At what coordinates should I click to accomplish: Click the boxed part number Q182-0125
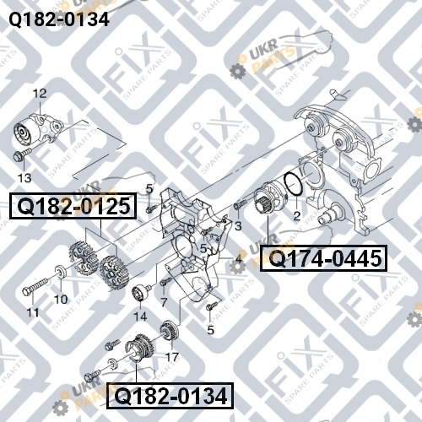(x=73, y=206)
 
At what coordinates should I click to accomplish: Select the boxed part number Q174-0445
(x=323, y=258)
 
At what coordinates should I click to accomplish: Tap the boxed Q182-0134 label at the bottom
(x=170, y=396)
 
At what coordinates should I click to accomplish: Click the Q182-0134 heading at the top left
(x=59, y=19)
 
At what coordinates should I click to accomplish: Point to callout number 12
(x=40, y=94)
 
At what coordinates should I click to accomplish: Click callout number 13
(x=24, y=178)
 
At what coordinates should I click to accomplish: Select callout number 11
(x=33, y=312)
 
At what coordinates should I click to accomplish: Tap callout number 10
(x=61, y=300)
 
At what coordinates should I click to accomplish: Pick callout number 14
(x=140, y=316)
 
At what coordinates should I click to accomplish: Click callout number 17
(x=172, y=357)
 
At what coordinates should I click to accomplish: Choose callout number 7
(x=164, y=302)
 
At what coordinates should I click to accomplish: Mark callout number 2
(x=297, y=216)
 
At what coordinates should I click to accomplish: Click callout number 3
(x=238, y=225)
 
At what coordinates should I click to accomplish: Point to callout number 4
(x=239, y=259)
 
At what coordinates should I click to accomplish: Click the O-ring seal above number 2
(x=294, y=184)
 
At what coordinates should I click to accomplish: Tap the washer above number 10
(x=61, y=272)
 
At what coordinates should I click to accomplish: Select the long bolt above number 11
(x=36, y=286)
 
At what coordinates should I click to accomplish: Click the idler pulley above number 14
(x=139, y=293)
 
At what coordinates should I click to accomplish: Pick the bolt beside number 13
(x=23, y=154)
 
